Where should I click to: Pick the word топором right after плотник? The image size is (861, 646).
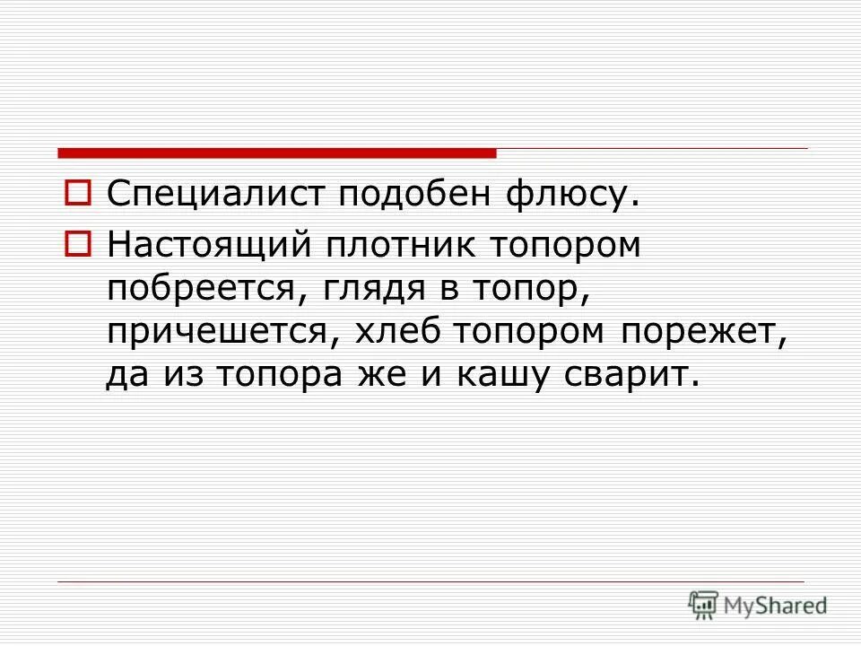(565, 245)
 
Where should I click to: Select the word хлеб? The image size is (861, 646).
(402, 331)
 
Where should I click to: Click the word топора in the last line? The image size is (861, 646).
(291, 375)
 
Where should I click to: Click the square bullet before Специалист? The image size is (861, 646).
(79, 191)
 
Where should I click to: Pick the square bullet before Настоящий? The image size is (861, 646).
(79, 242)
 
